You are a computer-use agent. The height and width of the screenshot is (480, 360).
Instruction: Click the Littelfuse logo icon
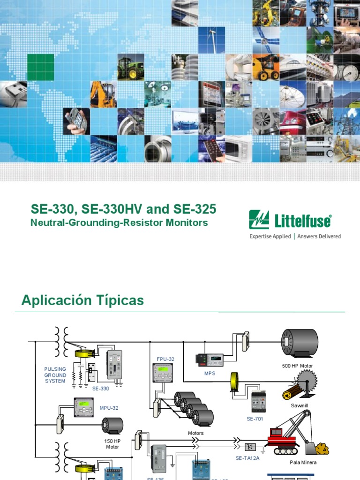259,220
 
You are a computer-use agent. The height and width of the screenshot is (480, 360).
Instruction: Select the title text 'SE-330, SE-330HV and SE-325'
123,209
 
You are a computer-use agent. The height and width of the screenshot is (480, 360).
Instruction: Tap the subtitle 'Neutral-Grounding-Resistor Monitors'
119,223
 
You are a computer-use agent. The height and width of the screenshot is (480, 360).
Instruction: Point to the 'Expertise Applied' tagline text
270,236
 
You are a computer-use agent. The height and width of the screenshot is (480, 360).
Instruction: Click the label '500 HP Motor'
297,366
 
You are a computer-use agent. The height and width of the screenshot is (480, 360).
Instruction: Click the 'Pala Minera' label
303,462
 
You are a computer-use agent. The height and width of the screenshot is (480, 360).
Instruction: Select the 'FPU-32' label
165,359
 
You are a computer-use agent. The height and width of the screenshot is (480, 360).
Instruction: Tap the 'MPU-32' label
109,408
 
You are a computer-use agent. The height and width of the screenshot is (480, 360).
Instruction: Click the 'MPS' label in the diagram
209,374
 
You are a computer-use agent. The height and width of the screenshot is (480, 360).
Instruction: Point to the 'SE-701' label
255,419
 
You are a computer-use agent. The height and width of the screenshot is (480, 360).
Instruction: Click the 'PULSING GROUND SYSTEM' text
55,375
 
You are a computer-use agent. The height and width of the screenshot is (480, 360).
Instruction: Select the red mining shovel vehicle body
283,437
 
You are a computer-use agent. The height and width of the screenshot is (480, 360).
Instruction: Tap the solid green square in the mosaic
40,67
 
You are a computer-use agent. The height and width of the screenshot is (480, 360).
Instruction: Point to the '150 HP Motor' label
112,444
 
